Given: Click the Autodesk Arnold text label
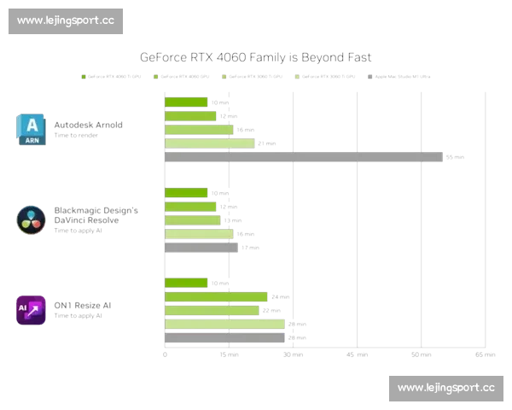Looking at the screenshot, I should (88, 125).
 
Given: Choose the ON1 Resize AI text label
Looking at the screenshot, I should (84, 306).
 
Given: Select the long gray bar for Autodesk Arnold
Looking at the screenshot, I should (303, 157).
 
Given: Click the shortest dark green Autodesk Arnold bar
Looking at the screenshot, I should (186, 102).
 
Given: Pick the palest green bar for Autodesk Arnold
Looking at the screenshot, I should (209, 143).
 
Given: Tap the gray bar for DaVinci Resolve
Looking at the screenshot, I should (201, 247).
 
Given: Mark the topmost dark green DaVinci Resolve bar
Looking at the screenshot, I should (186, 192).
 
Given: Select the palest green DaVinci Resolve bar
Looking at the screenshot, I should (198, 233).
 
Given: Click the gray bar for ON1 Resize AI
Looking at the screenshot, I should (224, 337).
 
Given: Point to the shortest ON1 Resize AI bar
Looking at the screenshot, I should (186, 283).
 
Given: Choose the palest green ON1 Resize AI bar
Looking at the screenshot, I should (224, 324).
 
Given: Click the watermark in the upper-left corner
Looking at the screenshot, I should (65, 20).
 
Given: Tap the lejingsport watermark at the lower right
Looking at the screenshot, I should (446, 389).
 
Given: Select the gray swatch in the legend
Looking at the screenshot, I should (369, 76).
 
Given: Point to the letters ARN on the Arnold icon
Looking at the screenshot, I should (31, 141).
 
